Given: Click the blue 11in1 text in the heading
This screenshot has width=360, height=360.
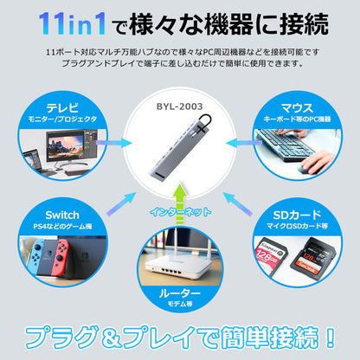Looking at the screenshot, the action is point(72,24).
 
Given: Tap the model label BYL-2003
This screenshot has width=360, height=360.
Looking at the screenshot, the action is point(179,106).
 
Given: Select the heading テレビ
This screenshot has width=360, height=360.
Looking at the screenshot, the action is point(62,108).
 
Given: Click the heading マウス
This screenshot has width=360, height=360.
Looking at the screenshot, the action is point(297,108).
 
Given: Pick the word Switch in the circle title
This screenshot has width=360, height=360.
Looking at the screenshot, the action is point(62,215).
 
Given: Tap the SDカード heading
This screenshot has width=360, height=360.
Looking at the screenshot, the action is point(297,215).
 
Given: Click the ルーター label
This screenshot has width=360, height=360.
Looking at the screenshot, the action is point(179,293).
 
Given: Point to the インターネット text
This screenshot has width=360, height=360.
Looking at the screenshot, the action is point(181,212).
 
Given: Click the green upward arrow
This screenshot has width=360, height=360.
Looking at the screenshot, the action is point(180,204).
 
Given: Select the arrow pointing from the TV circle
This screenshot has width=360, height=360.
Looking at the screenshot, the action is point(113,143).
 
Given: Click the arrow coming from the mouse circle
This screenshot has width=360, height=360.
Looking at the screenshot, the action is point(244,143).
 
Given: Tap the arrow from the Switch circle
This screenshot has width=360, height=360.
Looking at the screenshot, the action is point(121,203).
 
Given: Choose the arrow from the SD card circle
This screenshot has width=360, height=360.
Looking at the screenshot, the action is point(238,203).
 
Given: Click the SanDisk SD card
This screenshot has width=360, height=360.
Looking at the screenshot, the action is point(313,256).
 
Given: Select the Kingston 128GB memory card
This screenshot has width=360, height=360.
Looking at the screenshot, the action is point(270,254).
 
